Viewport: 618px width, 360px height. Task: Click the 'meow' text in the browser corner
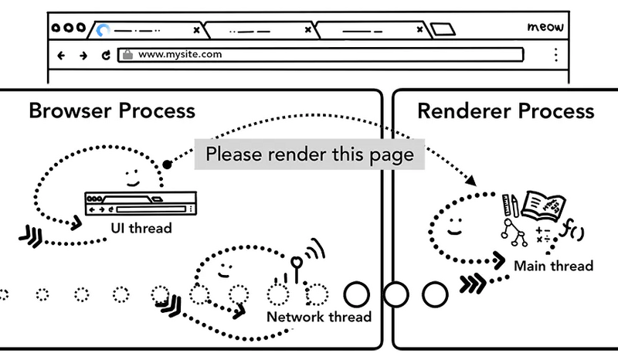pyautogui.click(x=545, y=28)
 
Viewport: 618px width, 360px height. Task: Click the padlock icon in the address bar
pyautogui.click(x=127, y=55)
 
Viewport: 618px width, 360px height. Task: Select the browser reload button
pyautogui.click(x=105, y=55)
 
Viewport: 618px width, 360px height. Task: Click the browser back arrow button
pyautogui.click(x=62, y=55)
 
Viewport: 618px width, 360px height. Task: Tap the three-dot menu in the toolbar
pyautogui.click(x=555, y=55)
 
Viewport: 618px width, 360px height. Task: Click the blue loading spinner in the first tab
pyautogui.click(x=102, y=30)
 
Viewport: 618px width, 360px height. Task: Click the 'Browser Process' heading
pyautogui.click(x=112, y=110)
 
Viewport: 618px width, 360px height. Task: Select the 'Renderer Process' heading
pyautogui.click(x=506, y=110)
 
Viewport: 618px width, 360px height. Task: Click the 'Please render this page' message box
pyautogui.click(x=309, y=153)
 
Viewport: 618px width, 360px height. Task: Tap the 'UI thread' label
pyautogui.click(x=140, y=229)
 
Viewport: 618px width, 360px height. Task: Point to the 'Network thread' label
pyautogui.click(x=318, y=317)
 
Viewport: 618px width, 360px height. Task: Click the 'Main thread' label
pyautogui.click(x=554, y=266)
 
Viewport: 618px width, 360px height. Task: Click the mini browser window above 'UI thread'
pyautogui.click(x=140, y=205)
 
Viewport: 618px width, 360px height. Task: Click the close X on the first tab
pyautogui.click(x=196, y=30)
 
